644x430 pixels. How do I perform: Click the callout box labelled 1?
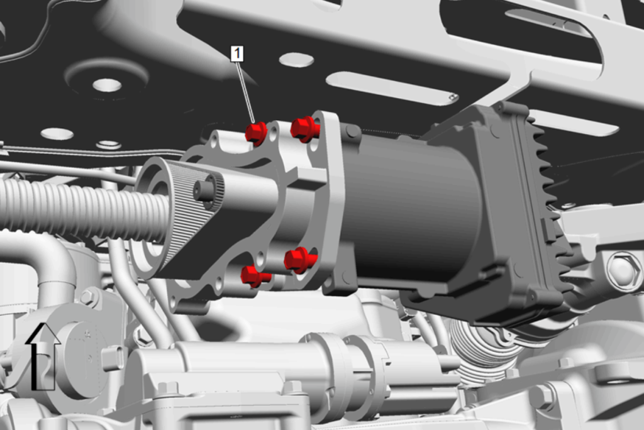pos(237,54)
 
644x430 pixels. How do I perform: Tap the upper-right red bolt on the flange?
pos(305,129)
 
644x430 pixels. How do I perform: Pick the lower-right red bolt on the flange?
pos(300,260)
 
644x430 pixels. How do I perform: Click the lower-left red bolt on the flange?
pos(255,276)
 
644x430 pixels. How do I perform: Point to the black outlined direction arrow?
pos(42,356)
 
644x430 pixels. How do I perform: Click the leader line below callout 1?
pos(245,92)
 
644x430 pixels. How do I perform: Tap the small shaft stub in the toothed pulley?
pos(204,190)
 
